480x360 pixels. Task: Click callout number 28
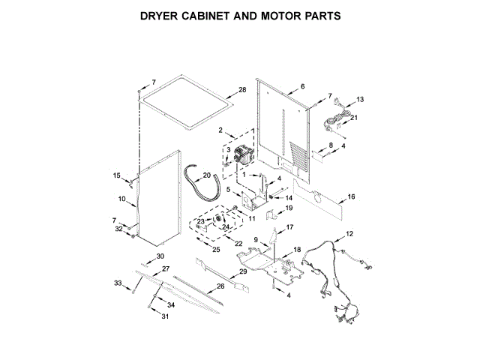[x=241, y=91]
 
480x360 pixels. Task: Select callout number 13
[x=360, y=100]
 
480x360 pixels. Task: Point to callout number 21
[x=355, y=118]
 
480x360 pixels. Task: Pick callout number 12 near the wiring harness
[x=349, y=235]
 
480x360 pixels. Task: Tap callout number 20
[x=207, y=175]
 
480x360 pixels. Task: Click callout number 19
[x=288, y=208]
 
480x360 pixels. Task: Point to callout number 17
[x=289, y=226]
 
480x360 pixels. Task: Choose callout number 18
[x=297, y=249]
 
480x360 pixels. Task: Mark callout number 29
[x=242, y=271]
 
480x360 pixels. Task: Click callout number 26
[x=220, y=286]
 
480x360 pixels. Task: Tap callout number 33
[x=117, y=283]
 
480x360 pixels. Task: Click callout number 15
[x=116, y=175]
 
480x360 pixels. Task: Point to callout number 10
[x=121, y=199]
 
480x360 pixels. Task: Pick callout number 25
[x=216, y=249]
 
